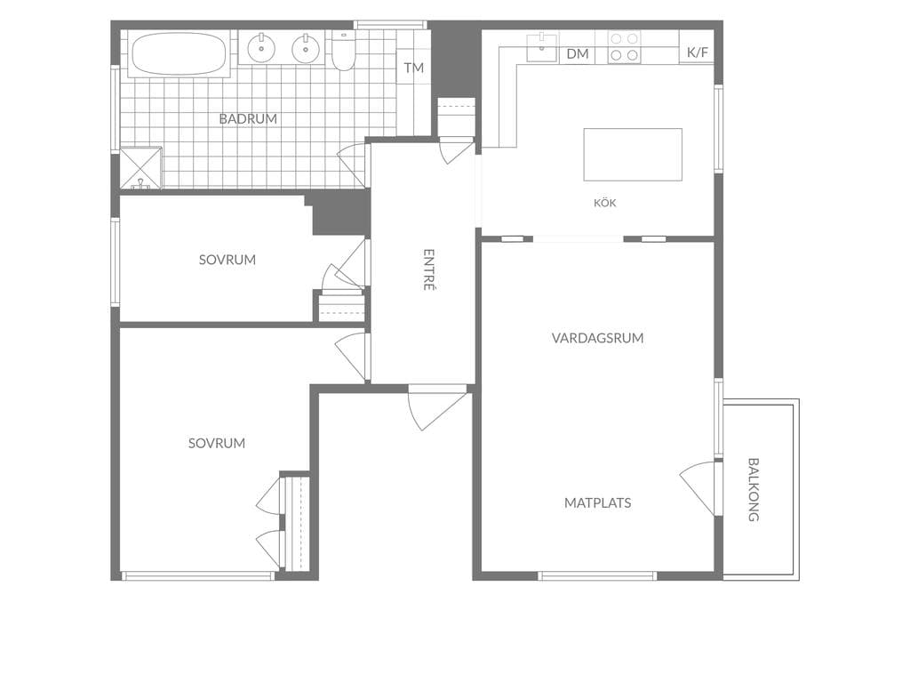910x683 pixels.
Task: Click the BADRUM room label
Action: click(x=248, y=118)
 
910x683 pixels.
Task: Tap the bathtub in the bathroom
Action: click(x=179, y=54)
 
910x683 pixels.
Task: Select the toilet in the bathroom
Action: click(x=344, y=51)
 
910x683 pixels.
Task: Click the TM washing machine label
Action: click(x=414, y=68)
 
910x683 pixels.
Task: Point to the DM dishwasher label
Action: click(x=578, y=54)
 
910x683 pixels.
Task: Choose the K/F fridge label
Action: click(x=697, y=52)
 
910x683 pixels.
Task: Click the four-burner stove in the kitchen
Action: click(x=624, y=47)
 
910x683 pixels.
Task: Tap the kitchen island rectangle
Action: click(x=633, y=155)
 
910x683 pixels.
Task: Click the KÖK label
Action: click(x=604, y=203)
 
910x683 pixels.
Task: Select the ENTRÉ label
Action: click(x=429, y=270)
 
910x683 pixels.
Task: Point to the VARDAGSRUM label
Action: click(x=597, y=338)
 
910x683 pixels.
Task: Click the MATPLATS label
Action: click(x=598, y=503)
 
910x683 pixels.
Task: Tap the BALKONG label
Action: click(x=754, y=490)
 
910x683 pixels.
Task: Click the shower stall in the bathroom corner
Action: click(x=141, y=167)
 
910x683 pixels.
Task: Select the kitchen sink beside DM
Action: click(x=541, y=47)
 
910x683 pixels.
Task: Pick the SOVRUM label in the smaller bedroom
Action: click(x=227, y=260)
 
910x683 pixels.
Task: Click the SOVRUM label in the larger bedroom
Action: click(x=217, y=443)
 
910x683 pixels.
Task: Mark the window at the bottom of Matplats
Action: click(x=597, y=576)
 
